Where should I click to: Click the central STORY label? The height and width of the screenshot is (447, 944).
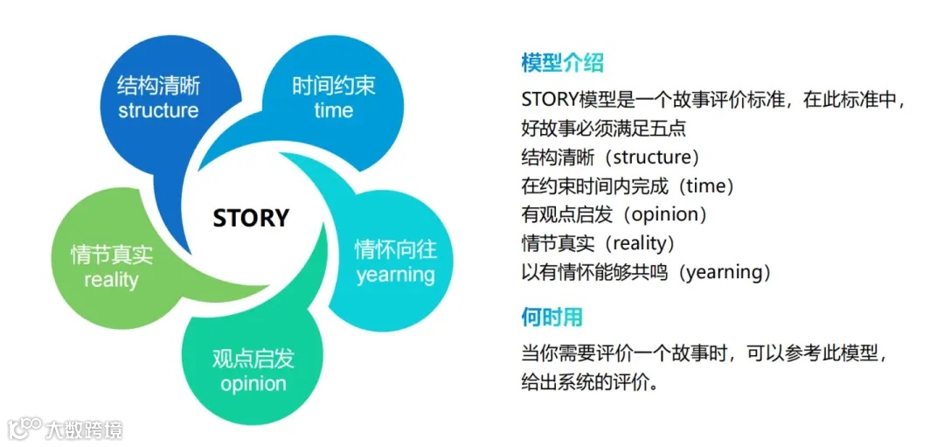click(251, 217)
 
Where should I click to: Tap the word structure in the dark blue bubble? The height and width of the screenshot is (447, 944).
click(158, 111)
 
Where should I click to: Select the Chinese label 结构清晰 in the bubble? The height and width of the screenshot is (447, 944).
click(158, 86)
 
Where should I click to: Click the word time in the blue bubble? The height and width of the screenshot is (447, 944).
click(333, 110)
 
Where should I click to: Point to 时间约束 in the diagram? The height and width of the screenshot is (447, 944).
click(333, 86)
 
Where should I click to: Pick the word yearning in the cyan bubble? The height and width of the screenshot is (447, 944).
click(395, 275)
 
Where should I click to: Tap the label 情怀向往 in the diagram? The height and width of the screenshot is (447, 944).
click(395, 249)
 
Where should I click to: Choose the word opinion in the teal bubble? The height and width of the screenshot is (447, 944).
click(253, 384)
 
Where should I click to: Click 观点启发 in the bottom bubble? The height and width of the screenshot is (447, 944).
click(253, 359)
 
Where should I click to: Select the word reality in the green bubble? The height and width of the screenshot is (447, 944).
click(111, 280)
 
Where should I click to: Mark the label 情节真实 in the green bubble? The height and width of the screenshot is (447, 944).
click(111, 255)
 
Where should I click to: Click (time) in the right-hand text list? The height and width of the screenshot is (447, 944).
click(708, 186)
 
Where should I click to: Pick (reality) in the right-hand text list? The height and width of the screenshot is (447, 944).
click(633, 243)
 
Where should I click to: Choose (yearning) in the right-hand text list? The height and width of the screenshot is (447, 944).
click(717, 272)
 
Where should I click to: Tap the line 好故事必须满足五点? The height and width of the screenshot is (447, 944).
click(603, 129)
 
